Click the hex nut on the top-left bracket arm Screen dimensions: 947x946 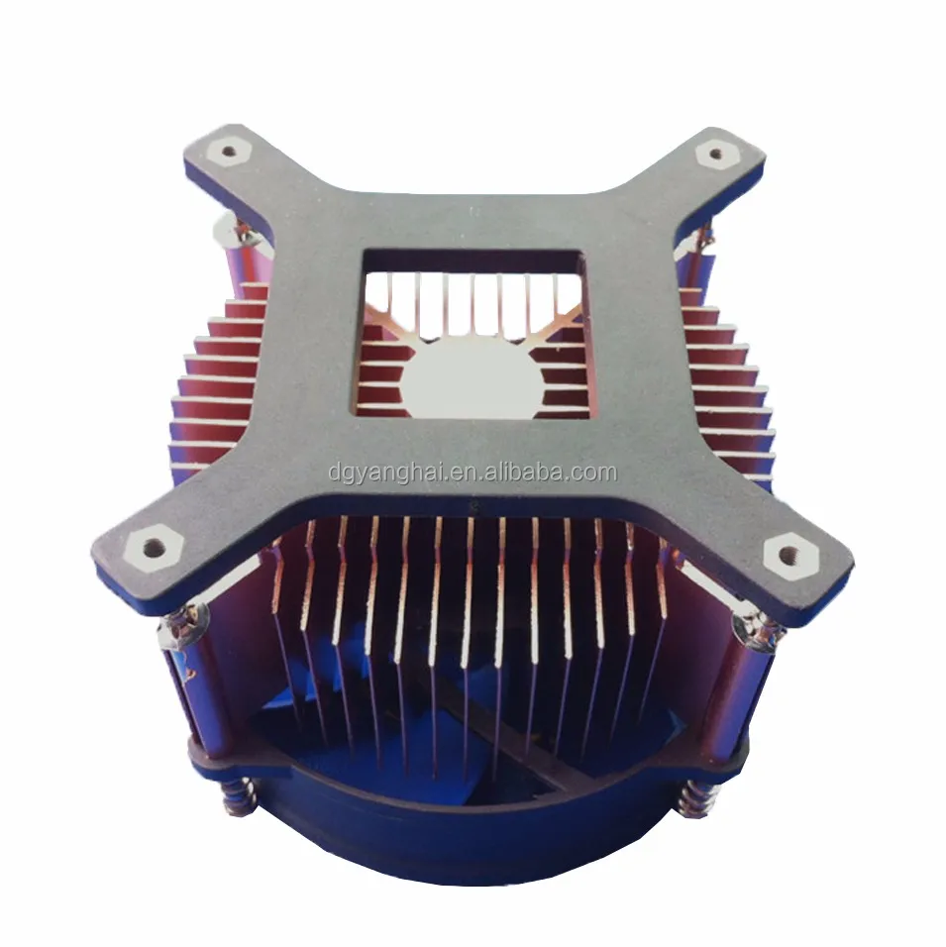coord(230,152)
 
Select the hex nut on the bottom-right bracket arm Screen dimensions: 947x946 coord(795,551)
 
